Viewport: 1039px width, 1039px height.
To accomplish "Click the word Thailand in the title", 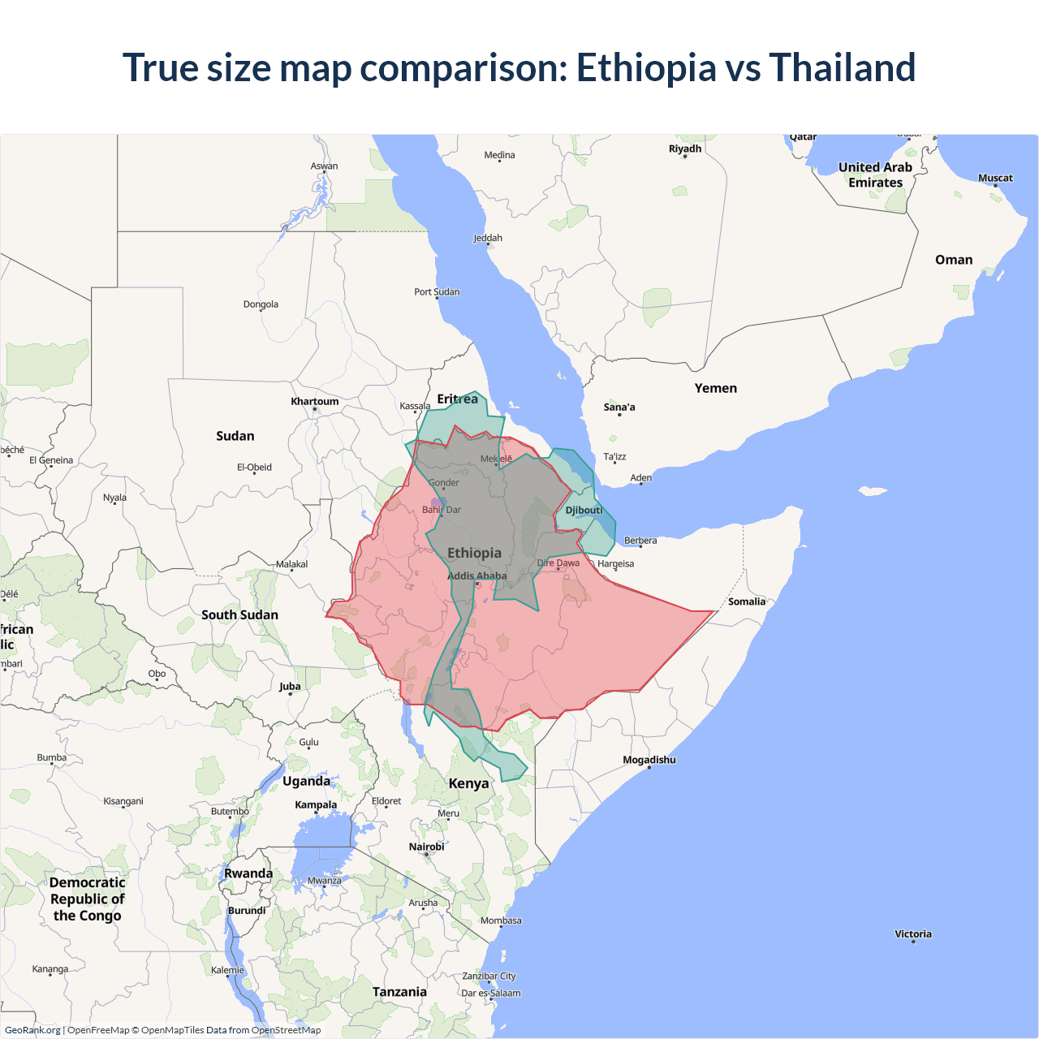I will click(842, 67).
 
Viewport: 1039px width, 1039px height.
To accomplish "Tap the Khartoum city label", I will click(315, 402).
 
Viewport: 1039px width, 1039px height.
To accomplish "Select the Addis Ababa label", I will click(477, 576).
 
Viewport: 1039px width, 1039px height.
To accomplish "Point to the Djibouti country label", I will click(584, 511).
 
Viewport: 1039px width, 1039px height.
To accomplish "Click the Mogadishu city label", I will click(649, 760).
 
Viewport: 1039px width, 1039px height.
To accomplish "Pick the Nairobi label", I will click(426, 847).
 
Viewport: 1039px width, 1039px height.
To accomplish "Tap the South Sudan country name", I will click(239, 615).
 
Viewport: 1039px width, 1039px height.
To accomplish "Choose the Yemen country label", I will click(715, 389).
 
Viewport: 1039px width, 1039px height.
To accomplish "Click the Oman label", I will click(953, 260).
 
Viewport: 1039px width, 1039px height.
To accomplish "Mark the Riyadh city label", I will click(684, 149).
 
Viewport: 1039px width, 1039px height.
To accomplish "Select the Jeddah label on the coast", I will click(488, 238).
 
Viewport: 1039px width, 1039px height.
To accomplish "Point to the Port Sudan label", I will click(437, 292).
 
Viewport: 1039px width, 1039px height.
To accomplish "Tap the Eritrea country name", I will click(457, 399).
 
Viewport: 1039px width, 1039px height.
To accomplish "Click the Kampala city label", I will click(316, 805).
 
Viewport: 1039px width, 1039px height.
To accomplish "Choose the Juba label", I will click(290, 687).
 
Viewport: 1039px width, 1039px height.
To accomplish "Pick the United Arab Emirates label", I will click(875, 175).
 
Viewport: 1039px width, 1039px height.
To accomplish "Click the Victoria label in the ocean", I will click(912, 934).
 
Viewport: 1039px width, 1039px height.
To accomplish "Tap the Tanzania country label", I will click(399, 992).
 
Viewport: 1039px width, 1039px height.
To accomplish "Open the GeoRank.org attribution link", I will click(32, 1030).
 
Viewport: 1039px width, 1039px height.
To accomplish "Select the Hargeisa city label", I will click(615, 564).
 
